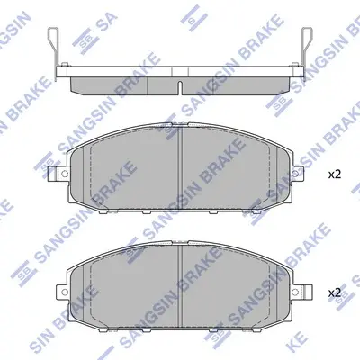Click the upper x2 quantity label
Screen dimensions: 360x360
point(335,175)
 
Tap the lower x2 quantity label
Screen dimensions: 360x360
point(335,292)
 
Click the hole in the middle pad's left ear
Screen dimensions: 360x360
point(63,174)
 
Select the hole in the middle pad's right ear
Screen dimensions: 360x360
point(295,174)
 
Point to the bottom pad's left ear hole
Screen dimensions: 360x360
point(63,291)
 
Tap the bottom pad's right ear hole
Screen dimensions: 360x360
point(295,291)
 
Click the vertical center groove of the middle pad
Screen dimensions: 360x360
point(181,168)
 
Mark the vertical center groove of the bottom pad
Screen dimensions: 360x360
point(181,286)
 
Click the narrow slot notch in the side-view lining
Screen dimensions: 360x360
point(179,87)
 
